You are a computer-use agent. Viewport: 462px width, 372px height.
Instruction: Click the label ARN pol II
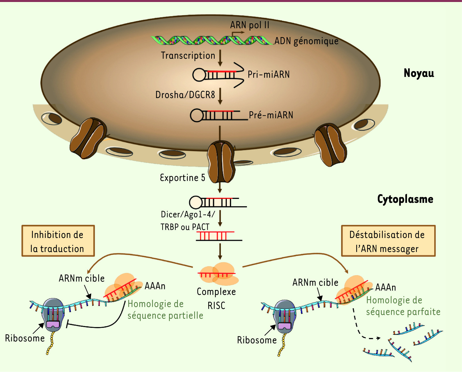pos(250,25)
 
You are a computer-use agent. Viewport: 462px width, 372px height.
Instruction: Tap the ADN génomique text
pos(306,41)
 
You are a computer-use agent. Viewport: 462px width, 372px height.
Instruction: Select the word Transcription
pos(188,55)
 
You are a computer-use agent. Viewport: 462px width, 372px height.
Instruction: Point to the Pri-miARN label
pos(268,74)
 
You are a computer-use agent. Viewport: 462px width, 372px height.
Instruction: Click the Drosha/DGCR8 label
pos(185,95)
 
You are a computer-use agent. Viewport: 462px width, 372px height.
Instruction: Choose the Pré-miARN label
pos(271,115)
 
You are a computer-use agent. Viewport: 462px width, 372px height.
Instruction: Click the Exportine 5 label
pos(182,178)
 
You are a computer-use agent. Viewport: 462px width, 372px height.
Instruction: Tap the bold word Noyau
pos(418,73)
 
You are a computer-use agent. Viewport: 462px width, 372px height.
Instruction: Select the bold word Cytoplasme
pos(405,199)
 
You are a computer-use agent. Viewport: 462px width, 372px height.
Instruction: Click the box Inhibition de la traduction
pos(58,241)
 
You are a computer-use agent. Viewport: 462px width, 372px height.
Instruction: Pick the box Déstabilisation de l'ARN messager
pos(388,241)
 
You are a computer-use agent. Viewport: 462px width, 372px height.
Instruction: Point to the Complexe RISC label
pos(216,298)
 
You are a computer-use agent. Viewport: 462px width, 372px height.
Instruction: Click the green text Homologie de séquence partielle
pos(165,310)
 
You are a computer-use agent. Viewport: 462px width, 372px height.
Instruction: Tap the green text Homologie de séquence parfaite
pos(403,306)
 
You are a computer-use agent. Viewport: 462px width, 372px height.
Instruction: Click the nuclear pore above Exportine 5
pos(221,162)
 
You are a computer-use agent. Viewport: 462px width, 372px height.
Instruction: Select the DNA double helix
pos(212,40)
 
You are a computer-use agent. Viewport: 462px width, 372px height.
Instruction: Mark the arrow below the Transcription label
pos(220,58)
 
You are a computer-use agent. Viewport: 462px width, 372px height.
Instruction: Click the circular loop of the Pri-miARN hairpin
pos(199,75)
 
